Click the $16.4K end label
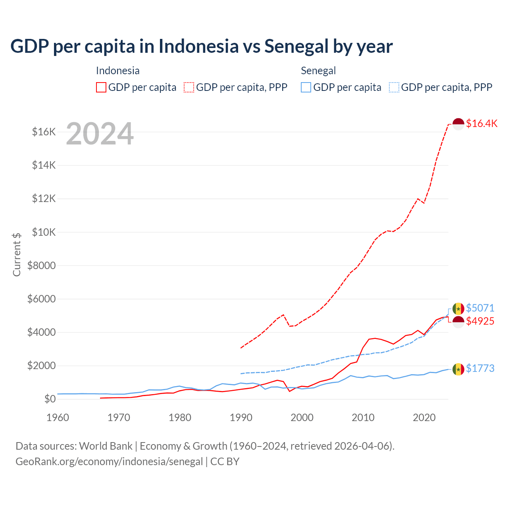[x=481, y=123]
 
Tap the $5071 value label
[x=480, y=308]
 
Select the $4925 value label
[x=480, y=321]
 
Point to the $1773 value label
[x=480, y=368]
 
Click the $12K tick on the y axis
[x=44, y=198]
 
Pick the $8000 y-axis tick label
[x=41, y=266]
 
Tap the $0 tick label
[x=50, y=399]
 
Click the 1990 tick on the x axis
[x=241, y=418]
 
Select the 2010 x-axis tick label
[x=363, y=418]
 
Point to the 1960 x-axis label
[x=58, y=418]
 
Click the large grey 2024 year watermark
[x=100, y=134]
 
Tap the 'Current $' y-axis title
[x=17, y=254]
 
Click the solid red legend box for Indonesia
[x=101, y=87]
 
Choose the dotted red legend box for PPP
[x=189, y=87]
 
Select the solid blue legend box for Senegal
[x=306, y=87]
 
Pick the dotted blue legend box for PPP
[x=394, y=87]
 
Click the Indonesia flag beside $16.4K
[x=458, y=124]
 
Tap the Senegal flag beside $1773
[x=458, y=369]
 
